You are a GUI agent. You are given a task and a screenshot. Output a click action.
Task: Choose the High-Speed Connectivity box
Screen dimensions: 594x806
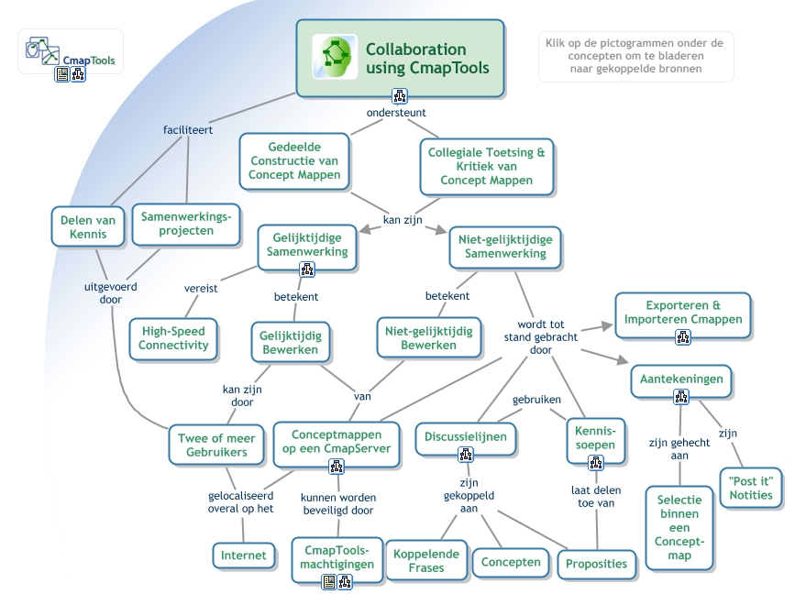(x=173, y=338)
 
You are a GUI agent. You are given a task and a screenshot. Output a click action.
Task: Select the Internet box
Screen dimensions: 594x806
(x=243, y=555)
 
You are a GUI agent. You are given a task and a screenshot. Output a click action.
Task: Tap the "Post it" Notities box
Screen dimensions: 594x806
(x=751, y=488)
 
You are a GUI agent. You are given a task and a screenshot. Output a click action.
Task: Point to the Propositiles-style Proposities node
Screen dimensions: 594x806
(x=597, y=563)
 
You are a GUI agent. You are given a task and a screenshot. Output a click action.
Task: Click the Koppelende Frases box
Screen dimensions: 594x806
(x=425, y=561)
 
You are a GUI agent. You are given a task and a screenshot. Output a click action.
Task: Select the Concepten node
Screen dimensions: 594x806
(x=511, y=562)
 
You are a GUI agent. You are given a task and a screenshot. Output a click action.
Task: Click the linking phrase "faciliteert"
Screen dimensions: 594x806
(x=188, y=129)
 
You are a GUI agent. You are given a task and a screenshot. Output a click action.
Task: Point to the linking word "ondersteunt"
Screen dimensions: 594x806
(x=396, y=113)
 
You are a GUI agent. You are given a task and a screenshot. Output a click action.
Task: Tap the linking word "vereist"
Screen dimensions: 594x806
(x=201, y=288)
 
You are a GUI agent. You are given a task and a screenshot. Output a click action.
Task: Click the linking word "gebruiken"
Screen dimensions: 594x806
(x=536, y=401)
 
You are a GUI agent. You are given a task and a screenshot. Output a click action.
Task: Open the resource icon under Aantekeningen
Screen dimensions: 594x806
(x=681, y=397)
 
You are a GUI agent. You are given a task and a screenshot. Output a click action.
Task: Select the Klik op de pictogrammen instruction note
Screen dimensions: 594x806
(x=635, y=57)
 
